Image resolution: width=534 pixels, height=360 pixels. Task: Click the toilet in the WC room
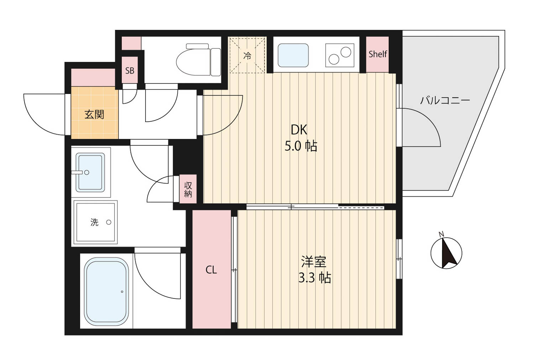(x=199, y=59)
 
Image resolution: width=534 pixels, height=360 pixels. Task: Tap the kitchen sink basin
(x=293, y=55)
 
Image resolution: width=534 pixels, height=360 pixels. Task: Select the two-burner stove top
(x=340, y=55)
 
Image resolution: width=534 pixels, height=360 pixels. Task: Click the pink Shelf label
(x=378, y=54)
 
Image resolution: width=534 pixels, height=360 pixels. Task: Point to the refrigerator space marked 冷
(x=247, y=55)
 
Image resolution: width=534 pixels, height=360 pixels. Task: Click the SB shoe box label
(x=130, y=70)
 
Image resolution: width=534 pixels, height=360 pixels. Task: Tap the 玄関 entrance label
(x=94, y=114)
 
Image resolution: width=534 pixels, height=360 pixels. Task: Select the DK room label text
(x=299, y=130)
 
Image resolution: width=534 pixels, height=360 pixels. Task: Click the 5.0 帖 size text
(x=301, y=146)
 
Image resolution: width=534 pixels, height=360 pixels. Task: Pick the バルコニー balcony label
(x=445, y=100)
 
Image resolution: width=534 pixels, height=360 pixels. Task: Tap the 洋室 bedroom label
(x=314, y=261)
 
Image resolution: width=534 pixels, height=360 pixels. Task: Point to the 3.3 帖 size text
(x=315, y=277)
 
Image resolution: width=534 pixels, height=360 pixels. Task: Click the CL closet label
(x=211, y=270)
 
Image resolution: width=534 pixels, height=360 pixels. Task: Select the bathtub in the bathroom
(x=106, y=291)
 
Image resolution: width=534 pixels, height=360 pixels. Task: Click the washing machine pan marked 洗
(x=95, y=222)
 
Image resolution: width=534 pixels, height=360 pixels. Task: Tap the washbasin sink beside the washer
(x=90, y=173)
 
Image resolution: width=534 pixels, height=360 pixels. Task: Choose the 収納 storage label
(x=188, y=189)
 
